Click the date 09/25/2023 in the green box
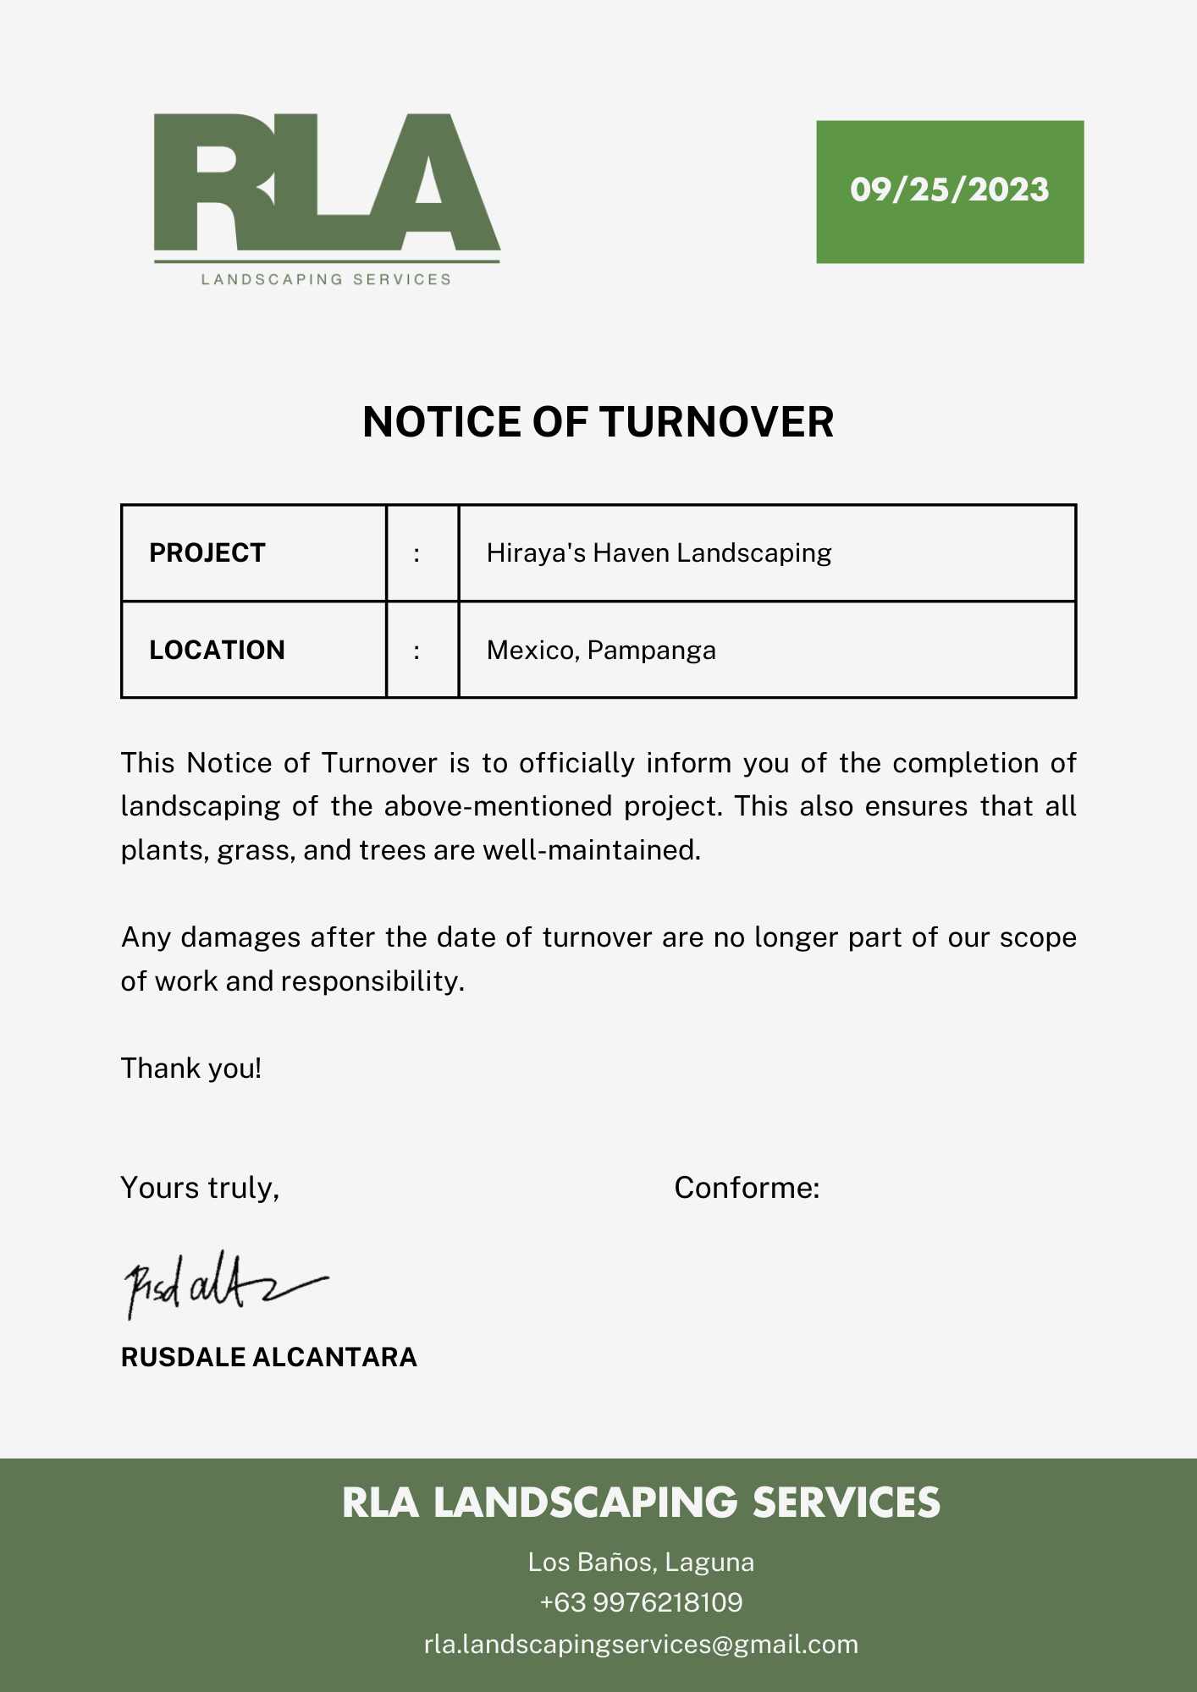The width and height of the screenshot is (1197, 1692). [x=949, y=190]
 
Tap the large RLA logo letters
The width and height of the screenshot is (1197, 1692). [x=326, y=184]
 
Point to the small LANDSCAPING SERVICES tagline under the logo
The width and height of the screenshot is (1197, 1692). [x=326, y=279]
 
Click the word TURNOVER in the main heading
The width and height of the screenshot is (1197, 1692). [x=716, y=422]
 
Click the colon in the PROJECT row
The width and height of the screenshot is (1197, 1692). [x=416, y=554]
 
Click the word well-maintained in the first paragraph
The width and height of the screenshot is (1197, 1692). [x=591, y=850]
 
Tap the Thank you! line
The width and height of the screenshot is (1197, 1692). [x=191, y=1068]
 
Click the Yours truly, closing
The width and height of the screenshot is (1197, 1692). [x=200, y=1188]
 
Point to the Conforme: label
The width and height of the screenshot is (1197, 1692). [x=747, y=1188]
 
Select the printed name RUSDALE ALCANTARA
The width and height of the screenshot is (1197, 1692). [x=269, y=1357]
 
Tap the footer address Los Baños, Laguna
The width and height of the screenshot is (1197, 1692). [x=641, y=1562]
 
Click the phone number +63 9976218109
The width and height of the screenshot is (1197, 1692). [x=641, y=1602]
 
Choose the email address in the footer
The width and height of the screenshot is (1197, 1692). [x=641, y=1644]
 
